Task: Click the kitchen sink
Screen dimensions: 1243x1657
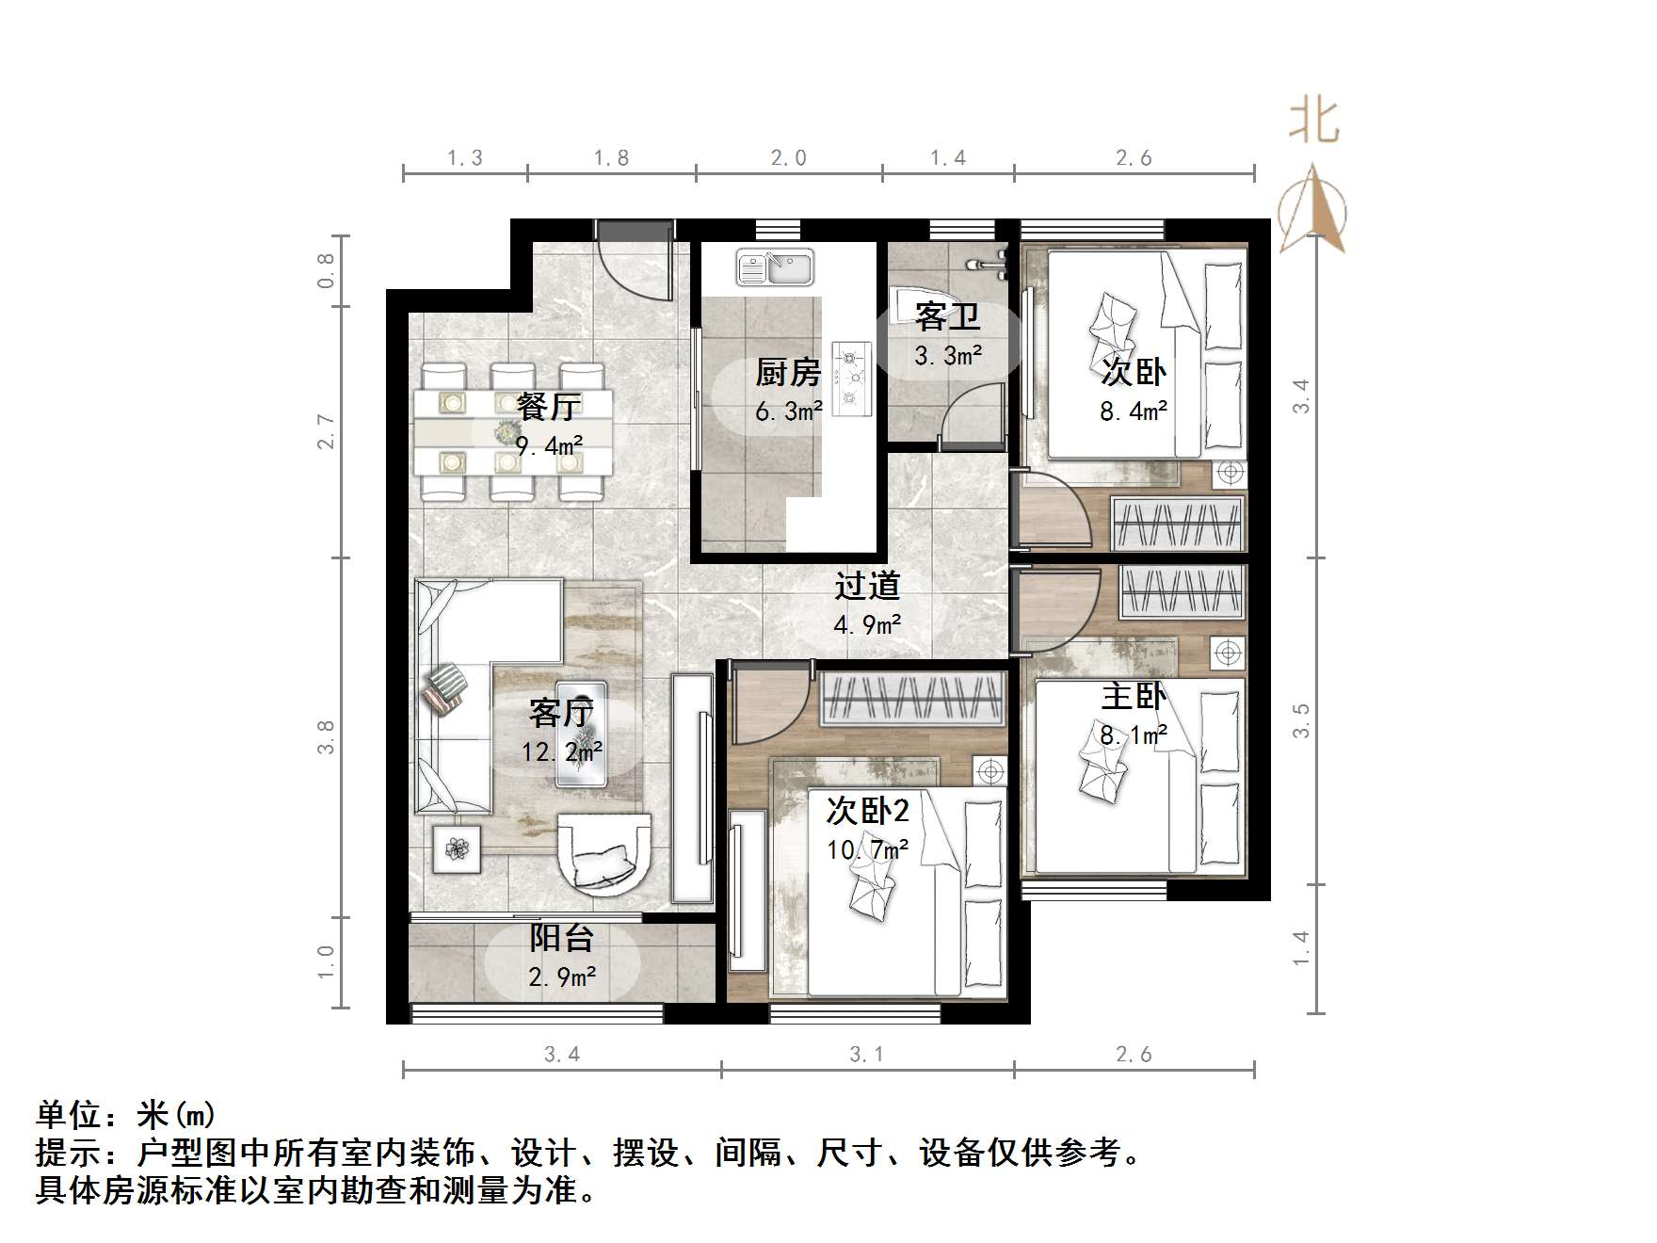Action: (775, 267)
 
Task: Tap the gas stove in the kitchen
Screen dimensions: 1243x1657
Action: (852, 378)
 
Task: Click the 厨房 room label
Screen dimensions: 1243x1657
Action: (788, 373)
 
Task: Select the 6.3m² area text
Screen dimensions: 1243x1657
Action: (788, 412)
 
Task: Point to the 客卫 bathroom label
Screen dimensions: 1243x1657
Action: (947, 316)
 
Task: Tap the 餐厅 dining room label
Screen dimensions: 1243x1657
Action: (549, 407)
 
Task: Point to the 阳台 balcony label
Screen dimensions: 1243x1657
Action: (561, 938)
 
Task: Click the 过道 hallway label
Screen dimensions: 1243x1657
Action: (867, 587)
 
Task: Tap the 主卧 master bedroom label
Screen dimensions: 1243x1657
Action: (1134, 697)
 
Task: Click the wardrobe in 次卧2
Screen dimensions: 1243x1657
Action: (913, 699)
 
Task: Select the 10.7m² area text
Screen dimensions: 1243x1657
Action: (867, 850)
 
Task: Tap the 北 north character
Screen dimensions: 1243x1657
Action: (1314, 122)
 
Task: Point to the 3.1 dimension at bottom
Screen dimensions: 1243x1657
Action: (866, 1055)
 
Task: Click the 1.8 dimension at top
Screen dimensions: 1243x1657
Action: (611, 158)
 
